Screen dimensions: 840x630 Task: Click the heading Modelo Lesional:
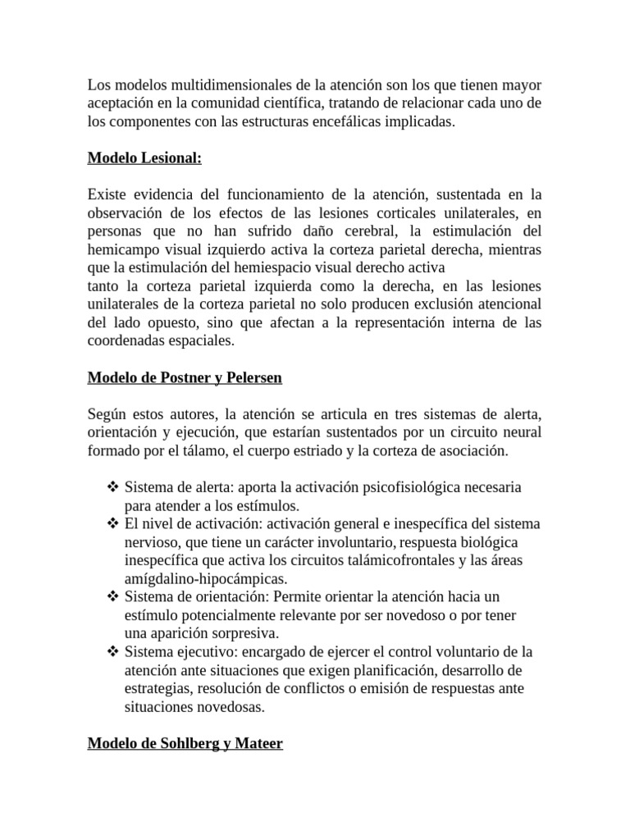coord(144,157)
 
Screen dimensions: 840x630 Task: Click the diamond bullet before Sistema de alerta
coord(113,487)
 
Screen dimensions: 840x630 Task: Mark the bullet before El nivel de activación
coord(113,523)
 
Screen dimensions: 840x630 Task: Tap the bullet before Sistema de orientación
coord(113,596)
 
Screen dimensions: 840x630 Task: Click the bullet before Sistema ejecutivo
coord(113,651)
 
